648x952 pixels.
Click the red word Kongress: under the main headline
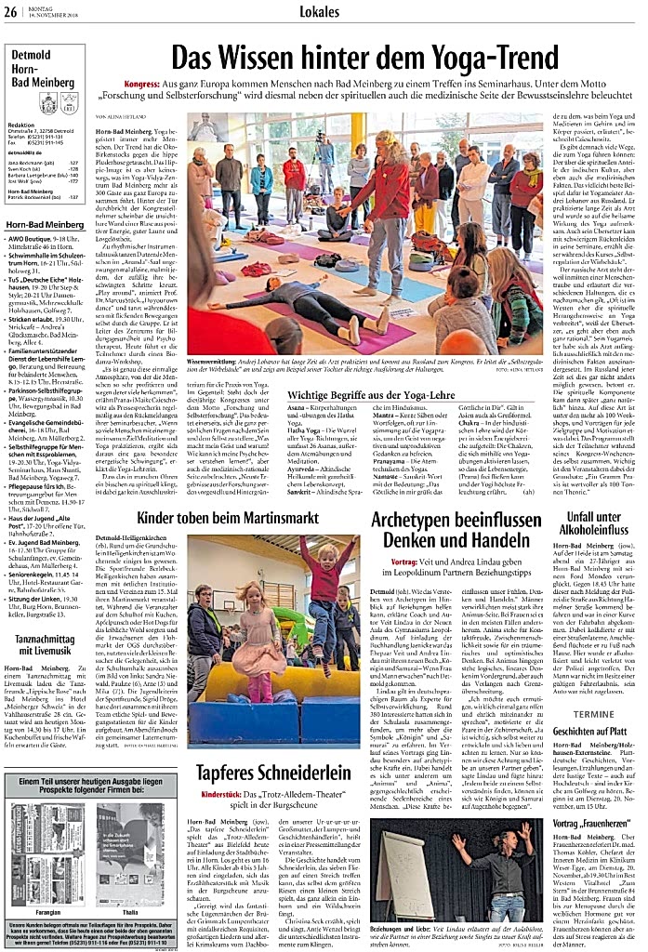[x=143, y=84]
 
